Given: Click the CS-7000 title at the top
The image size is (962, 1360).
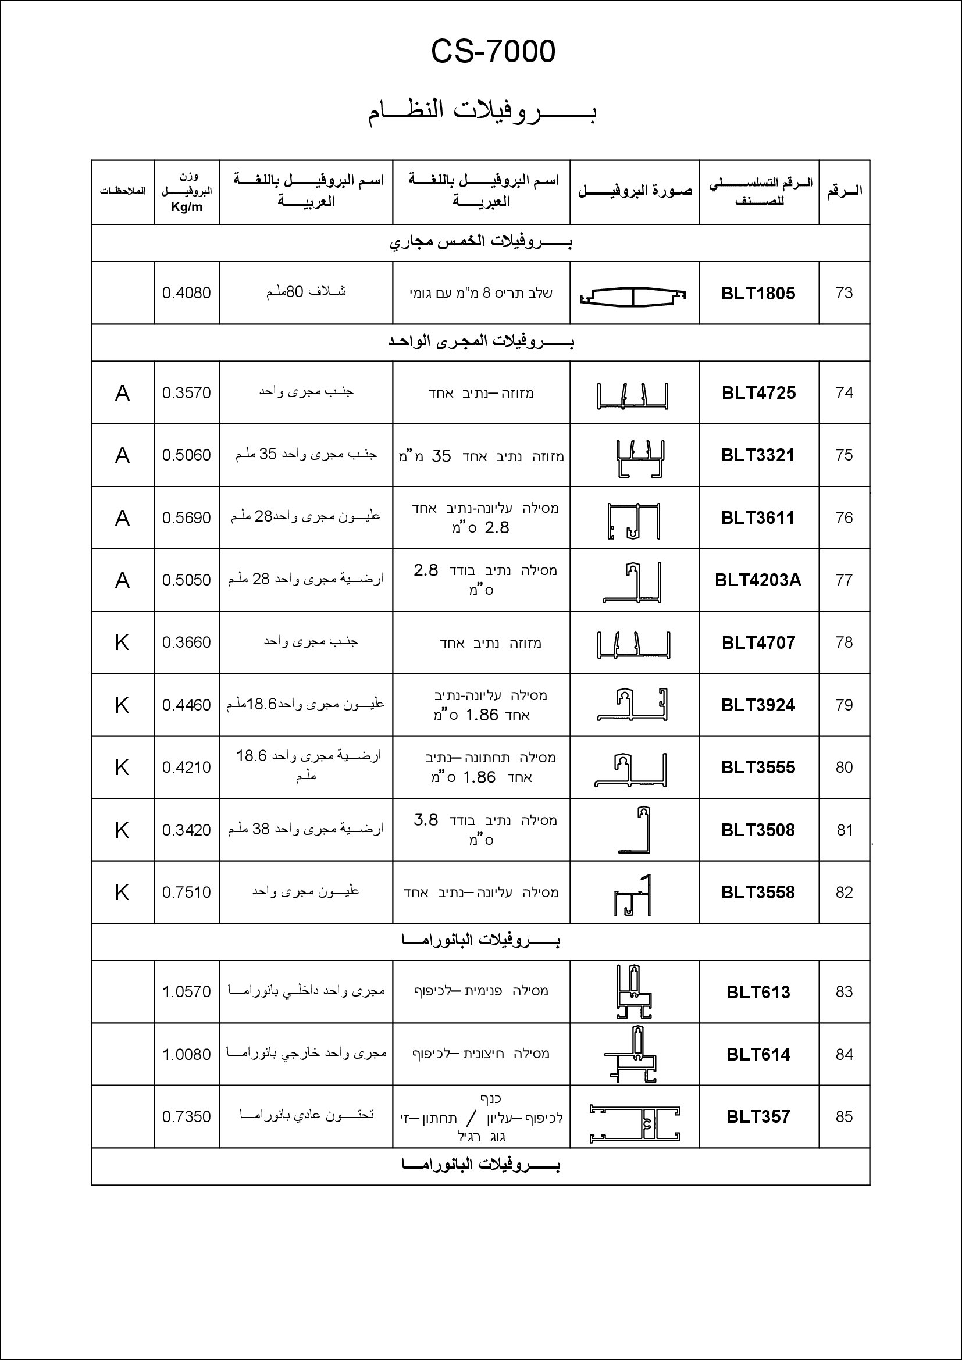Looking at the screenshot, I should coord(493,52).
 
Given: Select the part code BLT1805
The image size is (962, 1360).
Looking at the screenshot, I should coord(758,293).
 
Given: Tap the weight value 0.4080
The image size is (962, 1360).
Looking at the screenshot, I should coord(187,293).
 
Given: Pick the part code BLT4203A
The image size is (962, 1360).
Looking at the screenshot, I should coord(758,580).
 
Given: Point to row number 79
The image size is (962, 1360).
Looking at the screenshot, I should coord(844,705).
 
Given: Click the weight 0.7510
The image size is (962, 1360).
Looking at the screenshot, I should coord(187,892).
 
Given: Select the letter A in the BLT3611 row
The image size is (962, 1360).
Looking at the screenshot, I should coord(122,518).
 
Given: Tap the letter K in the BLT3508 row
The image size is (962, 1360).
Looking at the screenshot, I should coord(122,830).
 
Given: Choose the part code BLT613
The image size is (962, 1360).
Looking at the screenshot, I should coord(758,992).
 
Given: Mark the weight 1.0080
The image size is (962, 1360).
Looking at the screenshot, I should coord(187,1054).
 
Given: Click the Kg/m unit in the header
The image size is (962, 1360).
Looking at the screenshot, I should coord(187,207).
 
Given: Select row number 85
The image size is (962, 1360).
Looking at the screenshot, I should coord(844,1116).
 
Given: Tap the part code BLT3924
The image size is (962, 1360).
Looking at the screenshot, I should coord(758,705).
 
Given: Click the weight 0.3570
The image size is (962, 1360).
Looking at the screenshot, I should coord(187,392).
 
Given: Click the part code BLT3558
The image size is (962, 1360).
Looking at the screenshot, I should coord(758,892).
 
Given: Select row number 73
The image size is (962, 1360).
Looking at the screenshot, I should coord(844,292).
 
